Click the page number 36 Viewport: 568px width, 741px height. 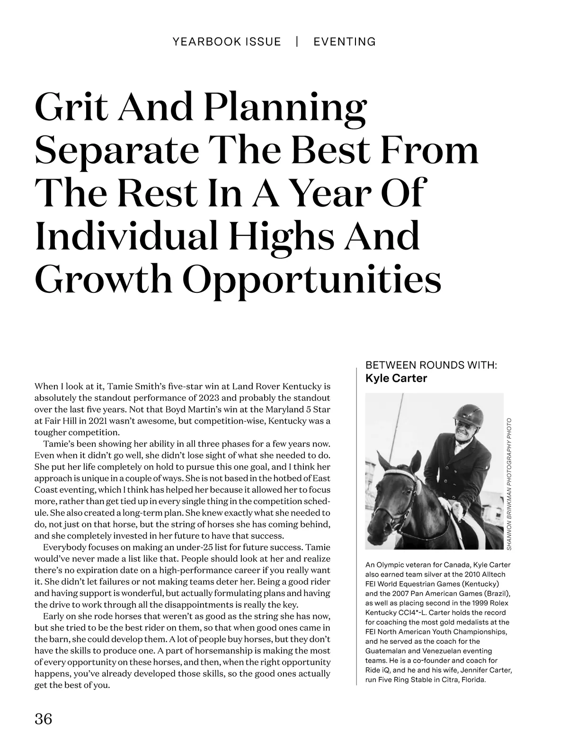(43, 718)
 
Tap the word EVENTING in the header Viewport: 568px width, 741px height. (345, 42)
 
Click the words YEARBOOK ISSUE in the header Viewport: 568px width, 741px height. (227, 42)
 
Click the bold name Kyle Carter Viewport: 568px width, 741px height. (396, 378)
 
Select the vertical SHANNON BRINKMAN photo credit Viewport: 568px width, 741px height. (509, 483)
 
